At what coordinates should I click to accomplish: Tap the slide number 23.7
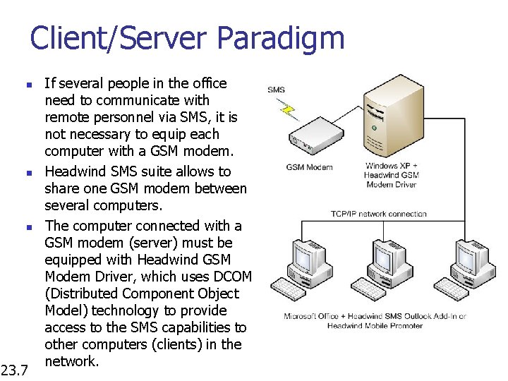click(14, 369)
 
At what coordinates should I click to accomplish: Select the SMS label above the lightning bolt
click(277, 90)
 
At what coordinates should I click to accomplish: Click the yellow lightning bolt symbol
click(287, 109)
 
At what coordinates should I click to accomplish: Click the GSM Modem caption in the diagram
click(308, 167)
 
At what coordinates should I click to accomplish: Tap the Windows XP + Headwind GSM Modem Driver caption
click(391, 175)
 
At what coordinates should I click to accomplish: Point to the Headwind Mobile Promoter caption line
click(375, 325)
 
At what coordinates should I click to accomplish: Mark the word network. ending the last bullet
click(71, 361)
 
